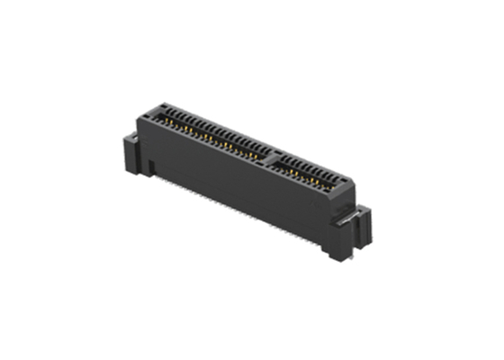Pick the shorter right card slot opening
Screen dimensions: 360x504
(306, 167)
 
